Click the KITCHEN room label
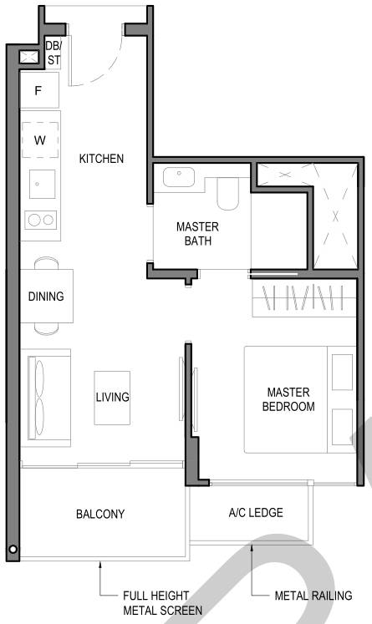101,159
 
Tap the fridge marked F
39,90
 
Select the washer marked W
40,140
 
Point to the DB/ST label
53,53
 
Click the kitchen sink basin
43,184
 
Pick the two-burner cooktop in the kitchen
41,220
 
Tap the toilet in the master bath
227,194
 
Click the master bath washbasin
178,177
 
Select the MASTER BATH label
197,234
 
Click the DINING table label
46,296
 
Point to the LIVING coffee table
112,398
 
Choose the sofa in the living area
46,398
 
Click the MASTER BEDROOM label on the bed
288,399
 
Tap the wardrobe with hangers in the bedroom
304,298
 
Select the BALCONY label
100,514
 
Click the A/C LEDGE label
256,513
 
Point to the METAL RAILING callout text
313,596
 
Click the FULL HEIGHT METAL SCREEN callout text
162,603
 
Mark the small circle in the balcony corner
13,550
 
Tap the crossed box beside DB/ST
29,57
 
